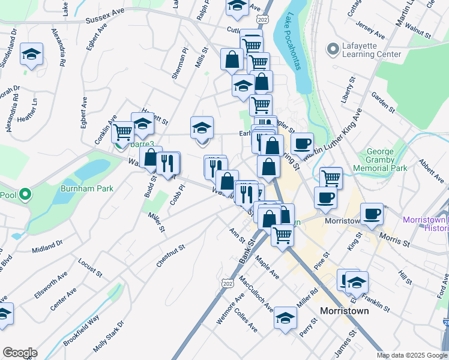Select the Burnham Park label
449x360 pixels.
click(x=87, y=188)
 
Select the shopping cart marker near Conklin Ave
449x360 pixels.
click(x=122, y=131)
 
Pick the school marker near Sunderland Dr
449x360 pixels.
click(x=31, y=54)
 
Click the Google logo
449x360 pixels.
click(x=20, y=353)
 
